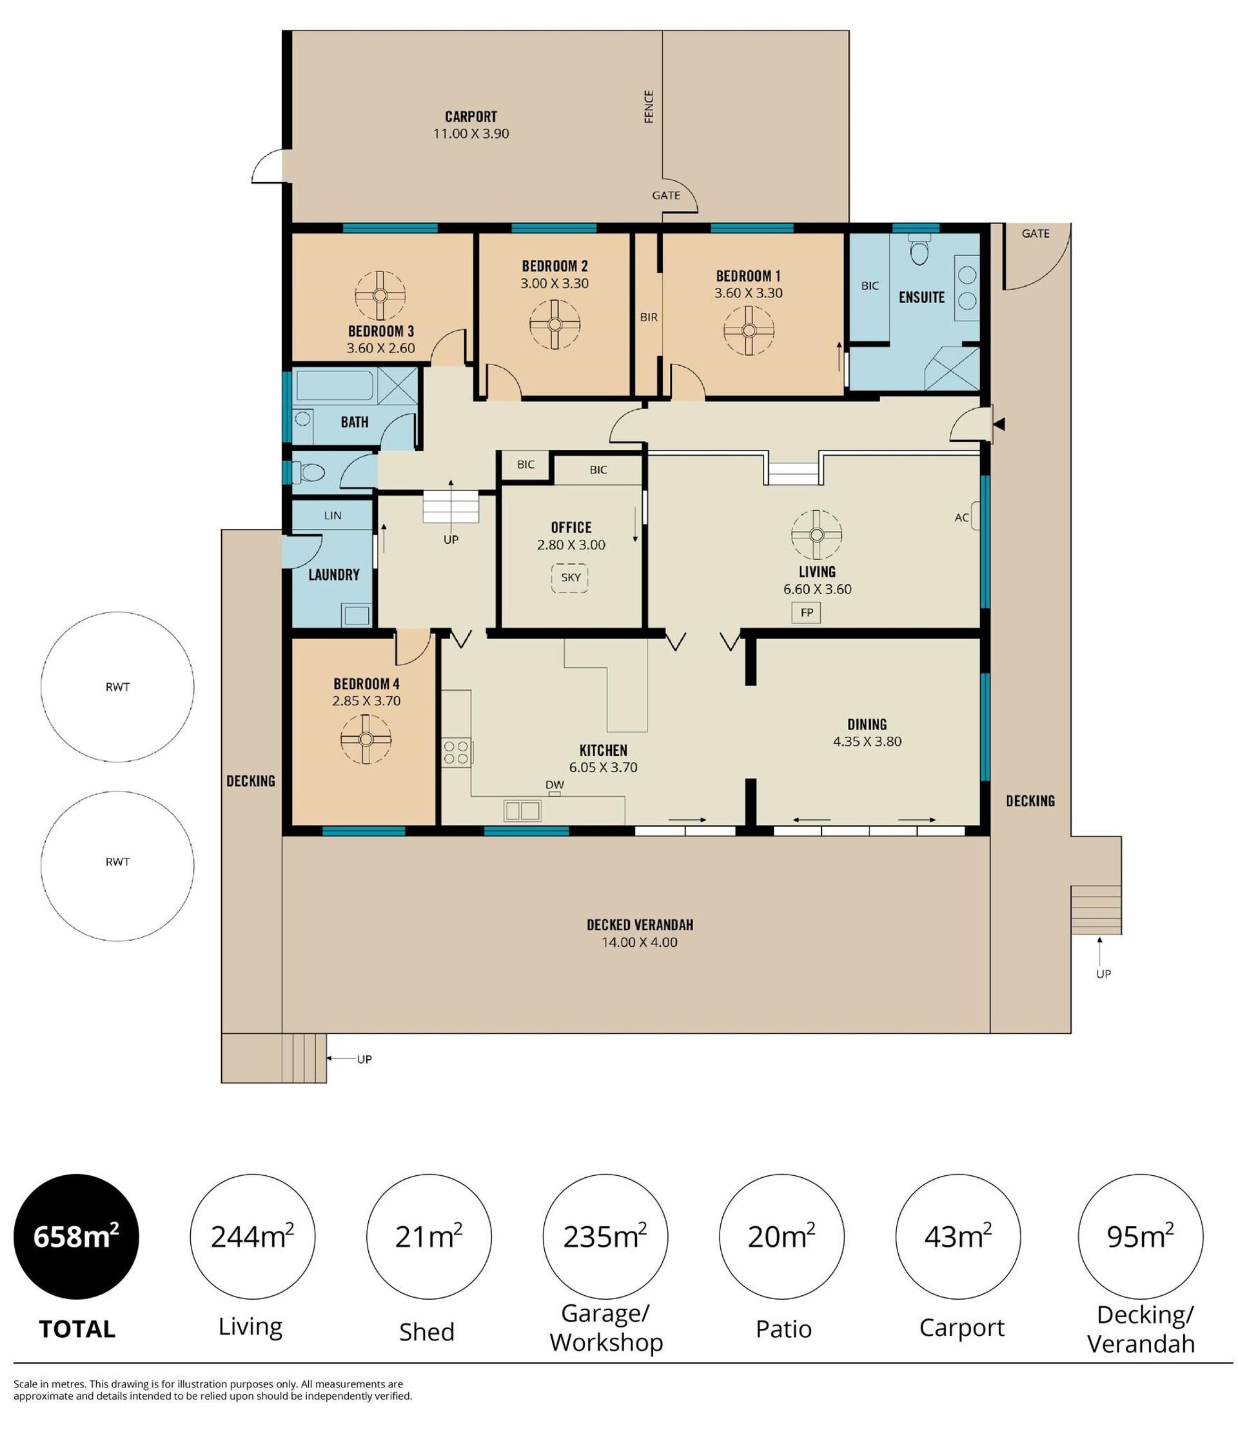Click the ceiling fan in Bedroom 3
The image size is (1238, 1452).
point(380,295)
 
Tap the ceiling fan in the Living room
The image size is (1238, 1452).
point(816,534)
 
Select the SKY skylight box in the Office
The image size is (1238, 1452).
point(570,577)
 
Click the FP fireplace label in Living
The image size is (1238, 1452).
point(807,613)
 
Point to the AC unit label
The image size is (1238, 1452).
point(961,517)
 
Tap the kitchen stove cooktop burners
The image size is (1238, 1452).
point(457,752)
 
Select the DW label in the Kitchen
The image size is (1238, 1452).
point(554,785)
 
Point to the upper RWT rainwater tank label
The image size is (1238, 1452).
point(118,687)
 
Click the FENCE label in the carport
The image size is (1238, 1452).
point(649,106)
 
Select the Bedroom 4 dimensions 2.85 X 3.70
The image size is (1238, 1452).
point(366,701)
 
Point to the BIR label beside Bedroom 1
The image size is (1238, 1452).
point(649,317)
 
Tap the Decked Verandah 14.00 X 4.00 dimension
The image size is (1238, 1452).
point(640,942)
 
